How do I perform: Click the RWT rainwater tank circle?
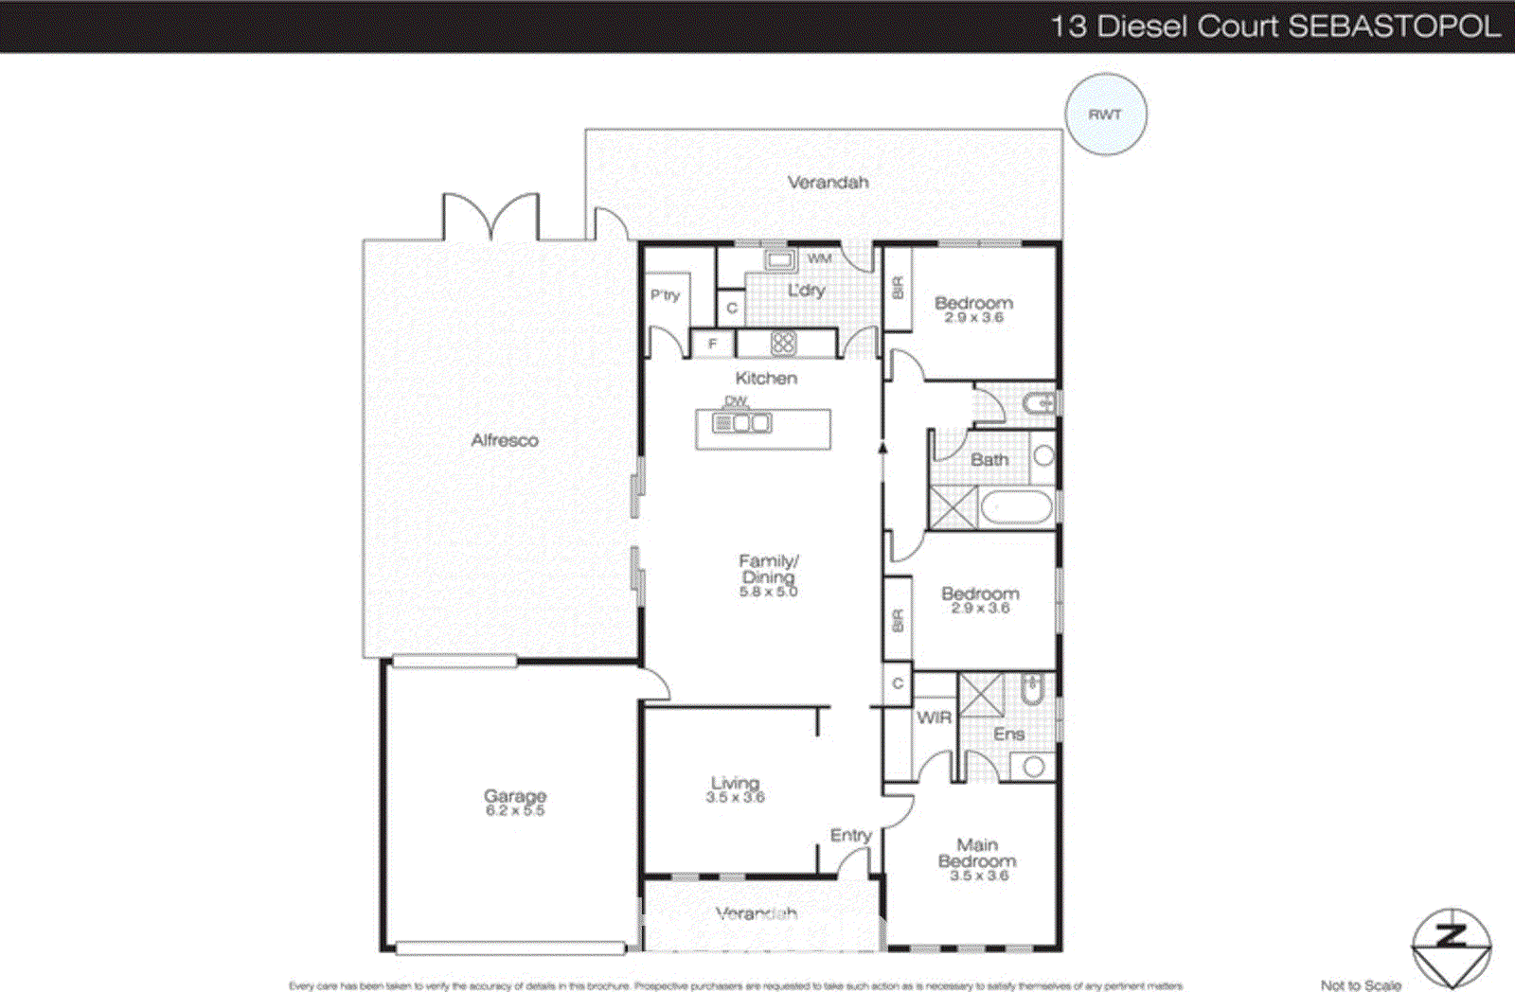(x=1105, y=115)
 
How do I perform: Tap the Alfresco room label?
(x=505, y=440)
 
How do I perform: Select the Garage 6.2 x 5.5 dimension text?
(x=515, y=811)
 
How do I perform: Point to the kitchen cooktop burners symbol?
(x=782, y=343)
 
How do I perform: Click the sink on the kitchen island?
(x=752, y=423)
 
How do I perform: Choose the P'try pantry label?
(x=665, y=295)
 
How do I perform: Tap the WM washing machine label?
(x=819, y=257)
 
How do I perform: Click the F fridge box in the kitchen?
(x=713, y=344)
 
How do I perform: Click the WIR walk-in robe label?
(x=934, y=717)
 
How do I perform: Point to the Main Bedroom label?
(x=977, y=853)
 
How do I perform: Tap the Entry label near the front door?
(x=850, y=835)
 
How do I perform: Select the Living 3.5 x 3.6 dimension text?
(x=735, y=798)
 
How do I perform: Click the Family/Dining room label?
(x=768, y=569)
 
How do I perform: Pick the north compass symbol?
(x=1451, y=947)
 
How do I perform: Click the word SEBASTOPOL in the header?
(x=1394, y=26)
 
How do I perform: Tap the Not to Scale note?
(x=1360, y=985)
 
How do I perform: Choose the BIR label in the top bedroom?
(x=898, y=288)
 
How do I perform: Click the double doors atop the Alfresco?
(x=491, y=218)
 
